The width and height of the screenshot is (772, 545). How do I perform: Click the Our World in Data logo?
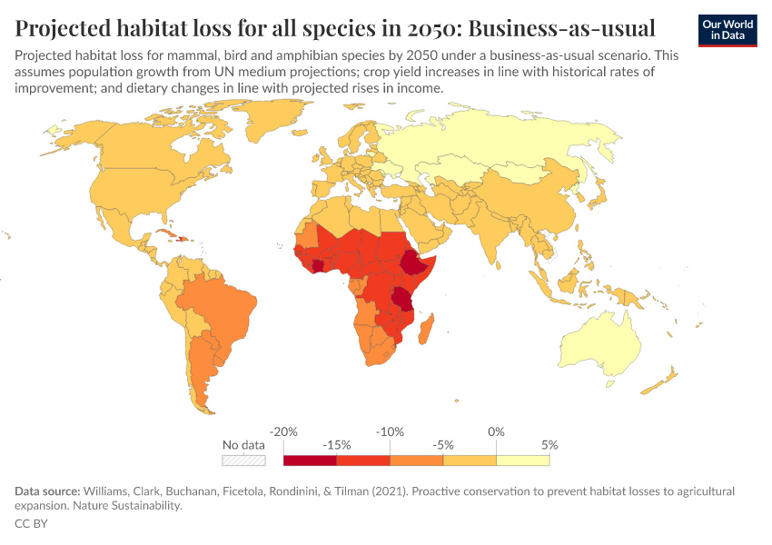click(727, 29)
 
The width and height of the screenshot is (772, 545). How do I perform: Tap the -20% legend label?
click(284, 431)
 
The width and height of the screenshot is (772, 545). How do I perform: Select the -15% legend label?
click(337, 445)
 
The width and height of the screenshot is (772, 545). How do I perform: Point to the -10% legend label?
click(390, 431)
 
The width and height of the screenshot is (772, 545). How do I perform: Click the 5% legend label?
click(549, 445)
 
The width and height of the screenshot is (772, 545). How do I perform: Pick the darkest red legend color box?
click(311, 461)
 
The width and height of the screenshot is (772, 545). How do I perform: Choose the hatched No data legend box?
click(244, 461)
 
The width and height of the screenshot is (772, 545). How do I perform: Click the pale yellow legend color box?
click(523, 461)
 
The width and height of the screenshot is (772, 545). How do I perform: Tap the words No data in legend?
click(244, 445)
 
